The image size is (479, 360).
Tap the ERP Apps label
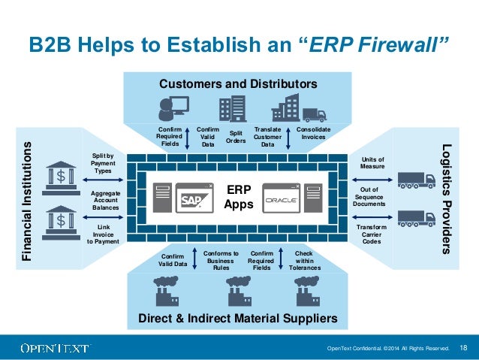(x=239, y=198)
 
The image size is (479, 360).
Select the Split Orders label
(x=236, y=136)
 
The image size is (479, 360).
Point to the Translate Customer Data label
(x=268, y=137)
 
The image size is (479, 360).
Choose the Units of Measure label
(x=372, y=163)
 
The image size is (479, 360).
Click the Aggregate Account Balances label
(x=105, y=199)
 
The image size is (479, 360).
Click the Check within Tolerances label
(x=304, y=261)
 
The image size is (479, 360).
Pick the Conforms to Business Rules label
(x=221, y=260)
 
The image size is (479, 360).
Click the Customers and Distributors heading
(x=238, y=83)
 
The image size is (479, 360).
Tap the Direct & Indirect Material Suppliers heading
(x=238, y=319)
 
